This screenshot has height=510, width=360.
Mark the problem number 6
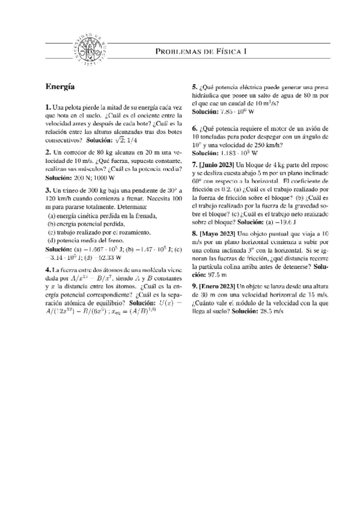(x=194, y=128)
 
